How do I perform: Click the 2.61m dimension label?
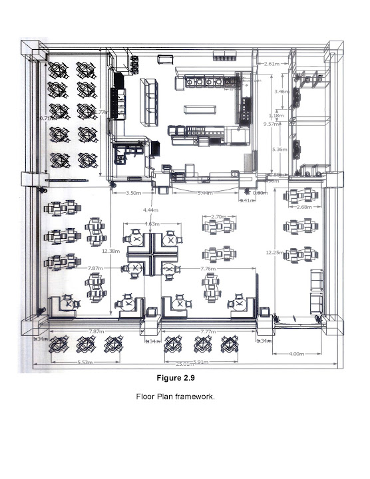point(271,64)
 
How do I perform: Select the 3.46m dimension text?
point(281,91)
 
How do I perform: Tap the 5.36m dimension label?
point(279,150)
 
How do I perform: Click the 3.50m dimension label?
point(133,193)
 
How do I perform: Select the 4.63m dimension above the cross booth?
point(151,224)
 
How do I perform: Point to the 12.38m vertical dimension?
point(110,251)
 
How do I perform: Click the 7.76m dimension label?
point(210,268)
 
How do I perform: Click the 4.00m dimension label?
point(297,354)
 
